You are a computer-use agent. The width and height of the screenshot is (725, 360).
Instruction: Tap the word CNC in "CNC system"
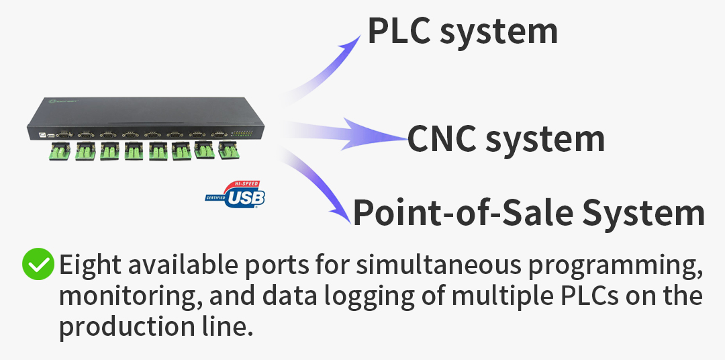click(442, 139)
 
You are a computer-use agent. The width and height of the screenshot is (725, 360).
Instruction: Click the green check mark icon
click(38, 265)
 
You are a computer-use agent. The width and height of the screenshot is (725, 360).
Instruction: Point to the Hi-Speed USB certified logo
click(236, 194)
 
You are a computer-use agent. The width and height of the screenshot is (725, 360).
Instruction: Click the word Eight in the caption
click(92, 266)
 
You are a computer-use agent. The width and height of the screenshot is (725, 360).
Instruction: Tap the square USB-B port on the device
click(42, 134)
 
